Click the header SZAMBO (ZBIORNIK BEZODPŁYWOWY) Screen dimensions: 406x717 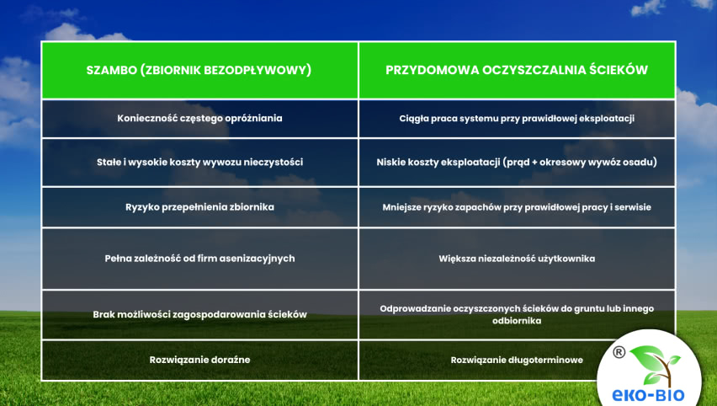pos(199,71)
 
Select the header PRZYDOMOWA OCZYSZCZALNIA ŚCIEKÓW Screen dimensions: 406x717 pos(517,71)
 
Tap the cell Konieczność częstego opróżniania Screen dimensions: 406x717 pos(199,119)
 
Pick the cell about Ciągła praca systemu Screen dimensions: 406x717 pos(517,119)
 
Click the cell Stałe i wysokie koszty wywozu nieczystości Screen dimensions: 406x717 pos(199,162)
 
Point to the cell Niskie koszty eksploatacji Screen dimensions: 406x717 pos(517,162)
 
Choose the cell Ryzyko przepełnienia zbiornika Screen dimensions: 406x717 pos(199,206)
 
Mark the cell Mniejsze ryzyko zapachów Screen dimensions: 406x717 pos(517,206)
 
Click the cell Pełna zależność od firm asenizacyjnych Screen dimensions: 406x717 pos(199,259)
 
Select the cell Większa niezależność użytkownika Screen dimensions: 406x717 pos(517,259)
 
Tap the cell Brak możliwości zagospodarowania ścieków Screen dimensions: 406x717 pos(199,314)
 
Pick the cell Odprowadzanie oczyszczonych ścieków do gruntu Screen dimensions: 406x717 pos(517,314)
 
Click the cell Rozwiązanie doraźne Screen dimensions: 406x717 pos(199,360)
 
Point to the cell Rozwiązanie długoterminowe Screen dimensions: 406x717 pos(517,360)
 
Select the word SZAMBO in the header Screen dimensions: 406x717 pos(111,71)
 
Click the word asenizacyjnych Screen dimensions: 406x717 pos(258,259)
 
